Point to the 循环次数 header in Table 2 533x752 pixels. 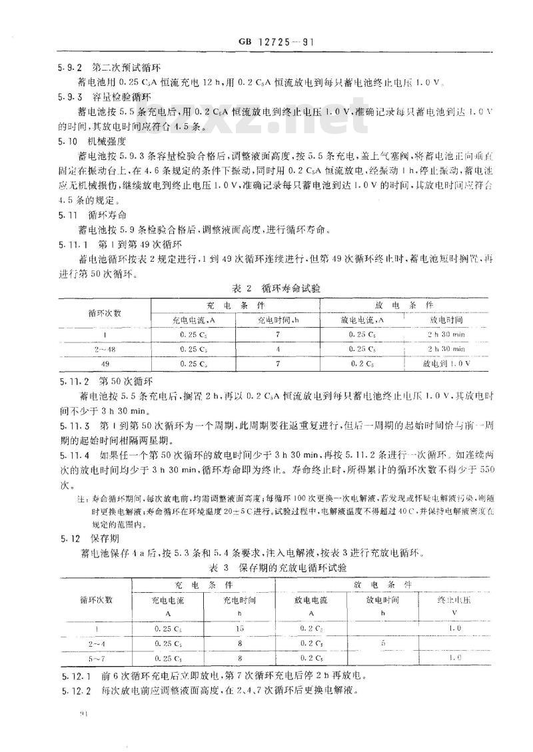(x=105, y=312)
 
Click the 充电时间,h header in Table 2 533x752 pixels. (x=277, y=320)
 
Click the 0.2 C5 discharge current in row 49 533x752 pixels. (x=362, y=364)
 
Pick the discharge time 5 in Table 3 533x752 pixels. (x=382, y=643)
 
